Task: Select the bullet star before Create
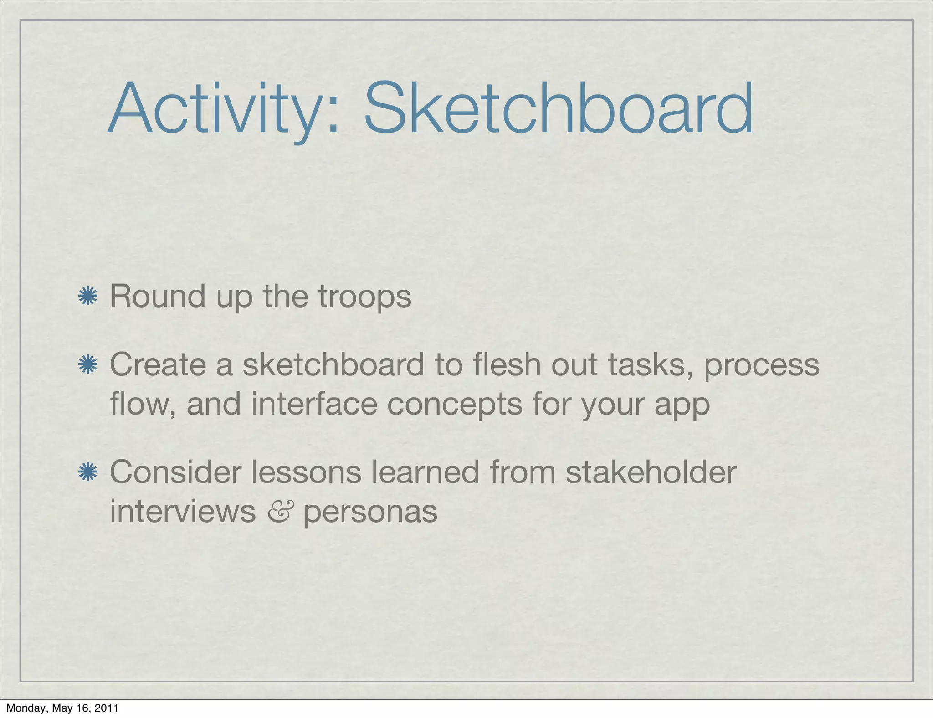(87, 365)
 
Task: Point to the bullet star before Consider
(87, 472)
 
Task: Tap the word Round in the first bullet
(158, 296)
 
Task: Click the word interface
(314, 404)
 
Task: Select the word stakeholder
(651, 472)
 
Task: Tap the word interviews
(183, 511)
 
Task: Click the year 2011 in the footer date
(107, 708)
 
